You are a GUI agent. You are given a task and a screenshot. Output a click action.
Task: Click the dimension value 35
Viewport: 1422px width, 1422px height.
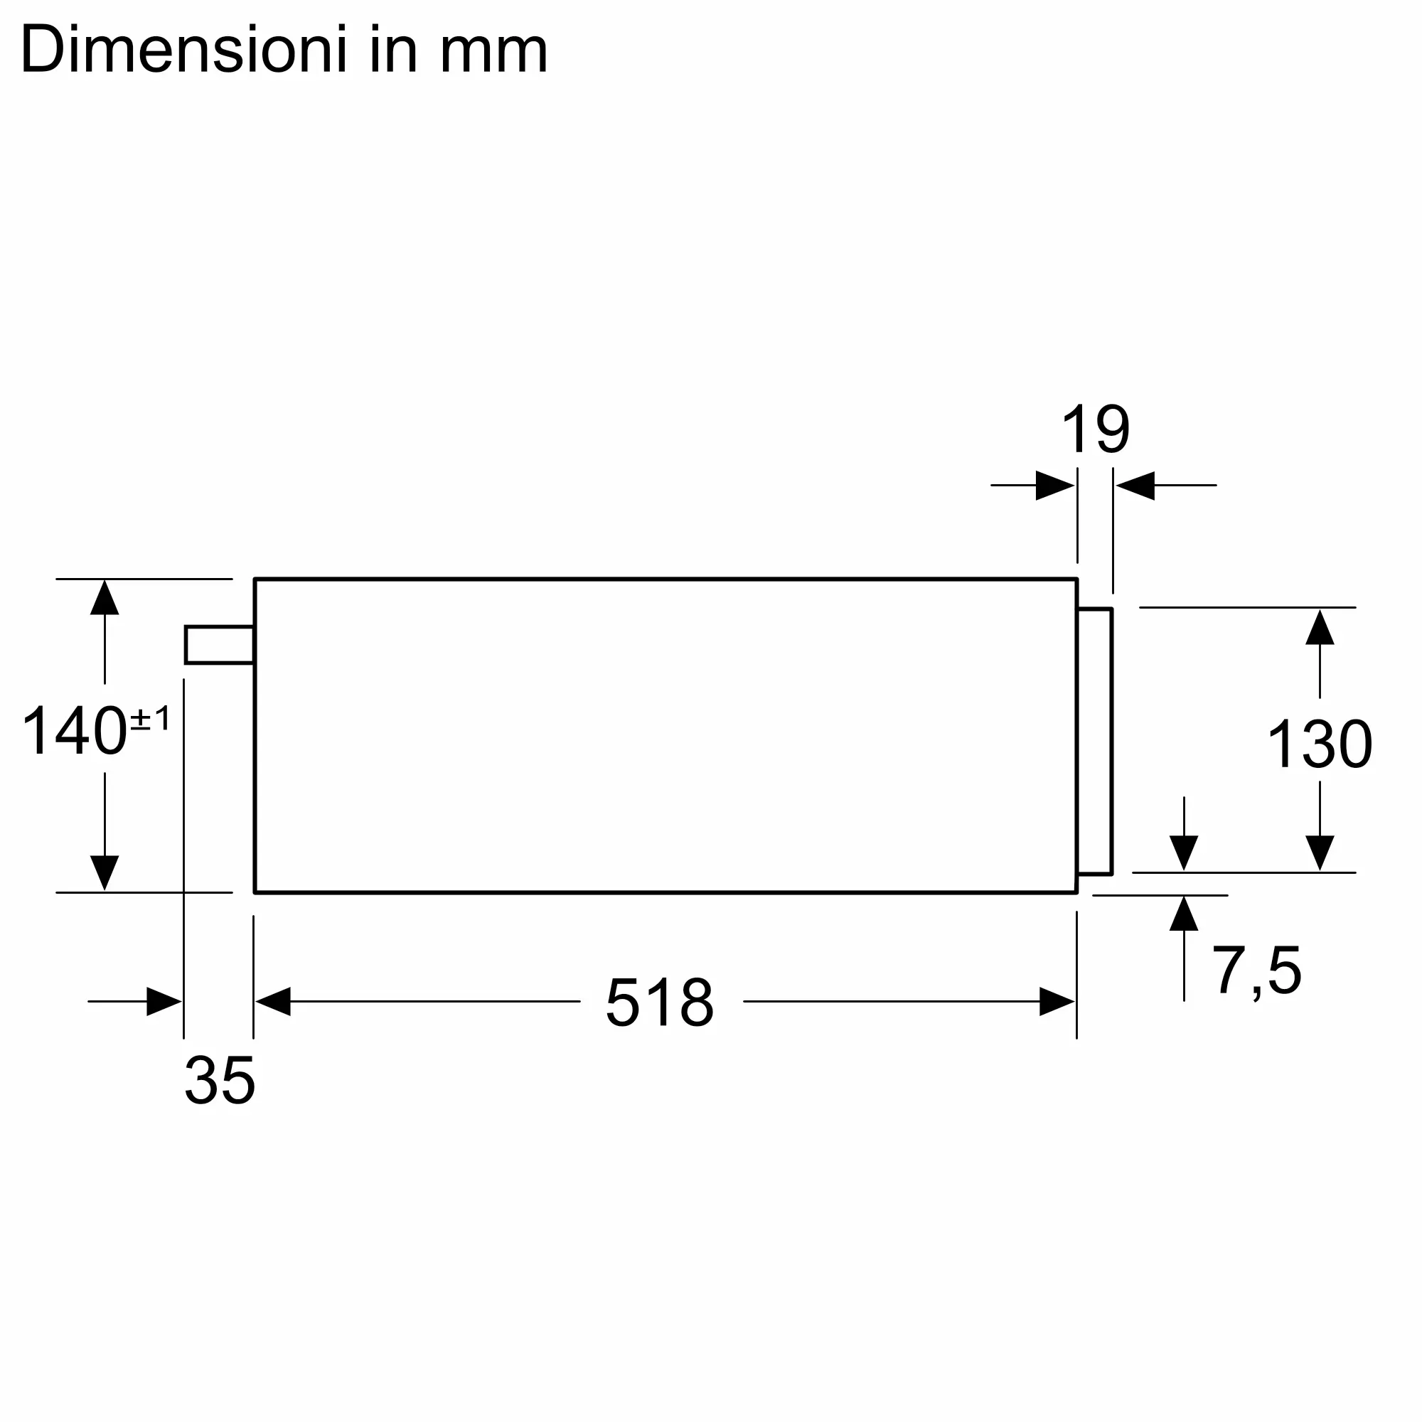pyautogui.click(x=219, y=1080)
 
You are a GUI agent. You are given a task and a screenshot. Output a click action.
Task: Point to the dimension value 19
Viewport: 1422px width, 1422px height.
pyautogui.click(x=1095, y=429)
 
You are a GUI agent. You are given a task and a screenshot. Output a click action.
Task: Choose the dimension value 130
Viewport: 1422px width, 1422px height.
pyautogui.click(x=1320, y=744)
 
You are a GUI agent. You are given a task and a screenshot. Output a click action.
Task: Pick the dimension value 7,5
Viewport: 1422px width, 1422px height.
pyautogui.click(x=1256, y=971)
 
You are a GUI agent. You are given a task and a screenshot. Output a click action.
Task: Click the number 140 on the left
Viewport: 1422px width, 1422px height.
pyautogui.click(x=75, y=731)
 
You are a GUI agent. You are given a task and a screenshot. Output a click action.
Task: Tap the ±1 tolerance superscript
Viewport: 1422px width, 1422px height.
pyautogui.click(x=150, y=717)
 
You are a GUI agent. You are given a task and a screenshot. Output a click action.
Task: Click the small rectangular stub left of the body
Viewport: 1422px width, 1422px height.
pyautogui.click(x=219, y=645)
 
